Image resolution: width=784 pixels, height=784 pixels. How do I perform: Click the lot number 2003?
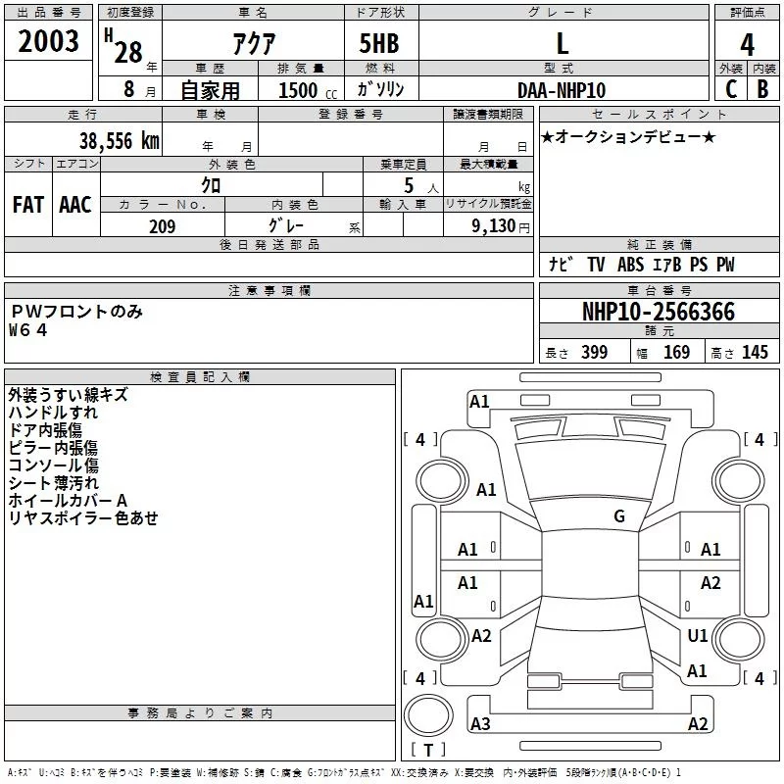[x=49, y=42]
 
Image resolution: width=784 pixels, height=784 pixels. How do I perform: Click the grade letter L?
[x=562, y=43]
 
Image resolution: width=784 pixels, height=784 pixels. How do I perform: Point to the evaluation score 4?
[x=748, y=45]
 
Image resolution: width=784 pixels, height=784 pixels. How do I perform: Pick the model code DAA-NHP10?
[x=562, y=90]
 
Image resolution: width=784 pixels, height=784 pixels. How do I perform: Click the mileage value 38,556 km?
[x=119, y=141]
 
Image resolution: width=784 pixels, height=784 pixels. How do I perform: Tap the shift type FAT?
[x=28, y=205]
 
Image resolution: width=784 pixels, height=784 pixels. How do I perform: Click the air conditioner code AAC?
[x=75, y=205]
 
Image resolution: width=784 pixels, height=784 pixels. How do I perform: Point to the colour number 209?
[x=162, y=226]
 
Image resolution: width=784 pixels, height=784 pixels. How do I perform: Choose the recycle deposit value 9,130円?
[x=500, y=226]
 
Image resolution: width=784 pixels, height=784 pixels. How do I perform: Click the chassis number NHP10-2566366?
[x=659, y=313]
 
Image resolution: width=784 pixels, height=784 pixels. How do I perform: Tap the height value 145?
[x=755, y=353]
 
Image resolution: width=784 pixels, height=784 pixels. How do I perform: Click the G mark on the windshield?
[x=619, y=516]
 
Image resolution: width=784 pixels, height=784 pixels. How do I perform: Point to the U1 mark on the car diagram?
[x=697, y=636]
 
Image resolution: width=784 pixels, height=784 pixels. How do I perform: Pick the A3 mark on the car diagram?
[x=480, y=724]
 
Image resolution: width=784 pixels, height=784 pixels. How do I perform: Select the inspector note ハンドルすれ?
[x=53, y=413]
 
